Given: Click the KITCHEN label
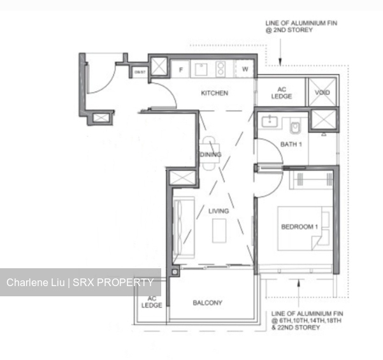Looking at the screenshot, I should point(214,93).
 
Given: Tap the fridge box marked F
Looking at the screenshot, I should point(181,69).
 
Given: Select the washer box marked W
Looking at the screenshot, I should point(244,69).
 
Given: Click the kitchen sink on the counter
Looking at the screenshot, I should point(201,68).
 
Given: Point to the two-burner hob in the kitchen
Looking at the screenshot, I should point(221,68).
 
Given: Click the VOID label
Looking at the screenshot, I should point(322,92).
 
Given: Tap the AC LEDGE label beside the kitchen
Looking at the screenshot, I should point(281,93).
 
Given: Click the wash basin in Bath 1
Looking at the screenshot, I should point(270,120).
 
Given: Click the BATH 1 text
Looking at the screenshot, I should point(291,145).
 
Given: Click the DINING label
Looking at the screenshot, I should point(210,155).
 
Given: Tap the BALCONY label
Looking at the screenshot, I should point(208,303).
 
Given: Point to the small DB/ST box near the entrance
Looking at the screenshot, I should point(139,72).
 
